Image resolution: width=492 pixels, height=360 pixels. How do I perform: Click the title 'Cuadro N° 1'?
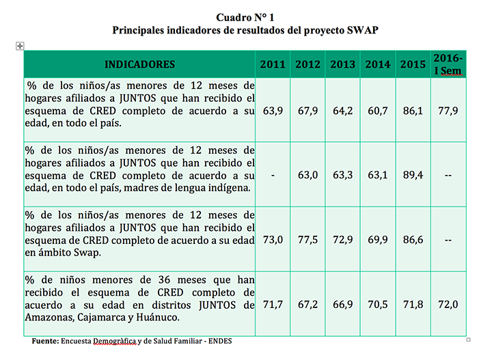(245, 17)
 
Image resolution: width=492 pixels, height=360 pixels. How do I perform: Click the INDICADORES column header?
(139, 65)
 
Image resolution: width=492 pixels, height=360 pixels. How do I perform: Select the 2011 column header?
(273, 65)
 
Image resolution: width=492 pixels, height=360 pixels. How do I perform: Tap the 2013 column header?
(342, 65)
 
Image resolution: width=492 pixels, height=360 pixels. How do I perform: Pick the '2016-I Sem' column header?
(449, 64)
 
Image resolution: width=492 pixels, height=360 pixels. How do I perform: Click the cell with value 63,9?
(273, 110)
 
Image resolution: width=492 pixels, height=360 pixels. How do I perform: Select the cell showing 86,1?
(413, 110)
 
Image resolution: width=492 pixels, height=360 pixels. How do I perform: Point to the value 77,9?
(448, 110)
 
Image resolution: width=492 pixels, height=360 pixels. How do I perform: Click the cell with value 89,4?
(413, 175)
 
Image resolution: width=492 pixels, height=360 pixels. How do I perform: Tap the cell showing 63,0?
(307, 175)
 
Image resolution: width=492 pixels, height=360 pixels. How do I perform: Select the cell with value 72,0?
(448, 305)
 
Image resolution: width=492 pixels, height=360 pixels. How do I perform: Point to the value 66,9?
(342, 305)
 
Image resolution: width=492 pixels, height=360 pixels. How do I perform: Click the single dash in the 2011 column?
(273, 175)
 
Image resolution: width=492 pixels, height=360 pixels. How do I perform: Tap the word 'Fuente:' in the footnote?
(45, 341)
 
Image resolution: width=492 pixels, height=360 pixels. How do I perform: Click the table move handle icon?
(20, 46)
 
